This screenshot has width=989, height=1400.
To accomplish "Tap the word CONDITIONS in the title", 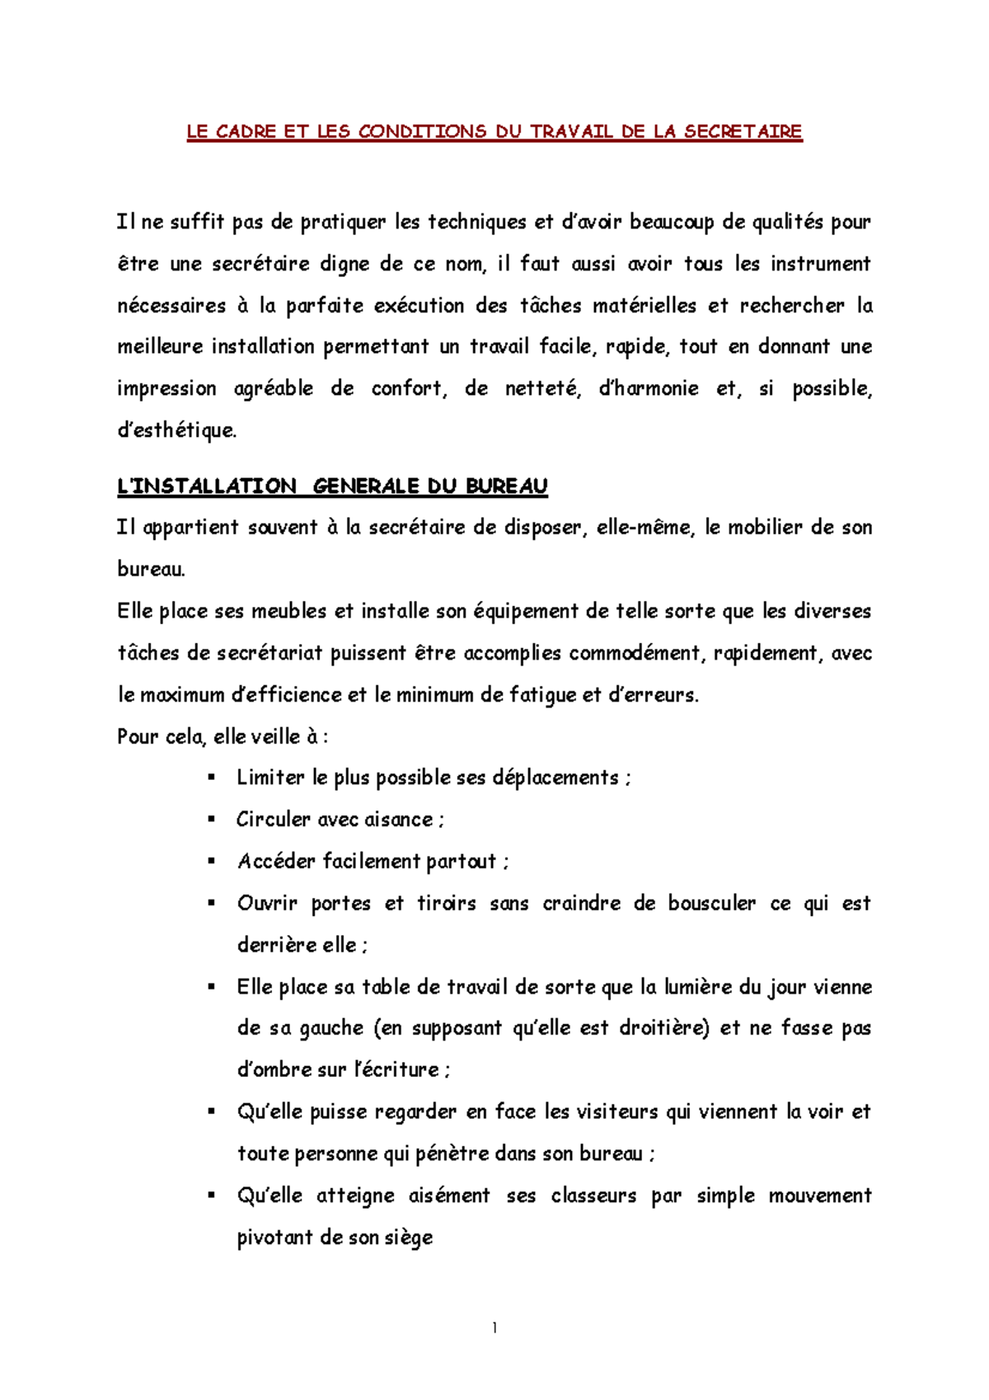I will (x=422, y=132).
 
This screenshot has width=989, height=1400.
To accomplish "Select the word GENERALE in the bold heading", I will (x=366, y=486).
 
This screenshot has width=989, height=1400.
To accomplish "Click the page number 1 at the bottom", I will (x=494, y=1327).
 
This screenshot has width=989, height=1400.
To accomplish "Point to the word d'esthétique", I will (x=176, y=430).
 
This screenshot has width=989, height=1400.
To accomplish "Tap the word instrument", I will (x=820, y=264).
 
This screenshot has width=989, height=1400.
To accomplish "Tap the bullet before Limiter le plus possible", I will (x=212, y=777).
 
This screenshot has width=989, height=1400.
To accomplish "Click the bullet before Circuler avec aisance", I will (x=212, y=819).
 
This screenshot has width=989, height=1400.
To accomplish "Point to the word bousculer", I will (x=711, y=904).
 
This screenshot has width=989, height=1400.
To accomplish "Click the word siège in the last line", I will (x=408, y=1238).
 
